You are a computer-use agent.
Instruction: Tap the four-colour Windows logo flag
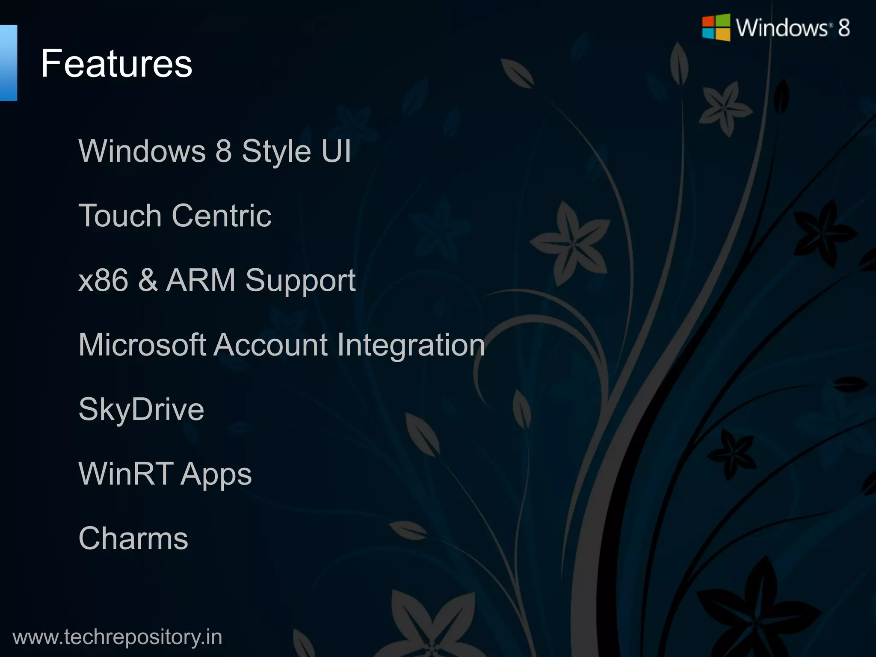click(x=716, y=28)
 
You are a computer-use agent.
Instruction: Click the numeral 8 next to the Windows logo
click(x=843, y=28)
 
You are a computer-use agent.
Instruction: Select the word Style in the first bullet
click(x=276, y=152)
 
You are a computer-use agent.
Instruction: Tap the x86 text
click(x=103, y=280)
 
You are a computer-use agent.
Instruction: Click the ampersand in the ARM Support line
click(x=148, y=280)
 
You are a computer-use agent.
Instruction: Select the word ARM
click(x=201, y=280)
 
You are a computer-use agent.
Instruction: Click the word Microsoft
click(x=142, y=345)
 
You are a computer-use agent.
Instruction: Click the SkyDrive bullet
click(x=141, y=410)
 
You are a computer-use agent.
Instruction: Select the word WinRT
click(x=126, y=474)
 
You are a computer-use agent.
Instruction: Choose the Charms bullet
click(x=133, y=538)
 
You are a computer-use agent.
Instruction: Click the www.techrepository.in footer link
click(x=117, y=637)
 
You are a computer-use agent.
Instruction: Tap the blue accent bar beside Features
click(x=8, y=63)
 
